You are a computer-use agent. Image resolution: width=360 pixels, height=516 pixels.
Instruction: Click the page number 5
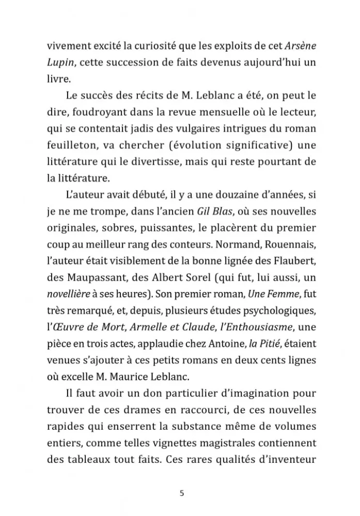[181, 493]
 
